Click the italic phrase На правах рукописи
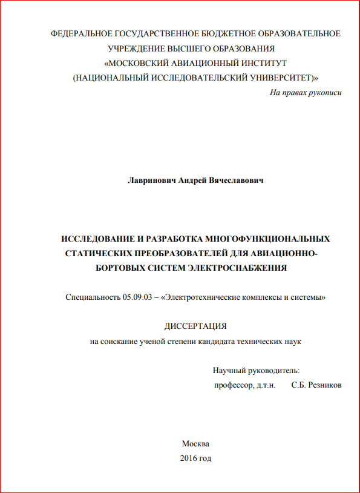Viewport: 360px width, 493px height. [x=306, y=93]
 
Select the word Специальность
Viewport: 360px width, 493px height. [x=93, y=297]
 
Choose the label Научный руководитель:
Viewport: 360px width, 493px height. [x=257, y=370]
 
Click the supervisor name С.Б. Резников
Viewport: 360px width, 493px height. [x=316, y=385]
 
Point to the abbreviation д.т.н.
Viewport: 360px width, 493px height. [x=266, y=385]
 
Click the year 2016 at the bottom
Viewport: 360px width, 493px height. [x=189, y=458]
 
